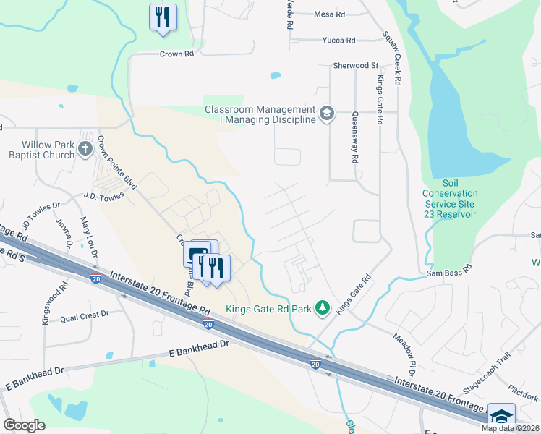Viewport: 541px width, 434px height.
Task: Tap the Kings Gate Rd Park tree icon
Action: [323, 309]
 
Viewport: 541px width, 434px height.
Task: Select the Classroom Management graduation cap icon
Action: [327, 114]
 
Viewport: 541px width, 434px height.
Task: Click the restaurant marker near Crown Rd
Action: [163, 17]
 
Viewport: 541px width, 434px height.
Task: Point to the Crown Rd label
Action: [177, 54]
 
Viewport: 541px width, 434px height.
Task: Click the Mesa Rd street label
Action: [329, 14]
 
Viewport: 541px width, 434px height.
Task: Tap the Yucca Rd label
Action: [339, 41]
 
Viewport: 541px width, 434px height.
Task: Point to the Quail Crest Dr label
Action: [84, 315]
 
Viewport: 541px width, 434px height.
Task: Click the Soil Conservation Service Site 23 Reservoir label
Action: [450, 199]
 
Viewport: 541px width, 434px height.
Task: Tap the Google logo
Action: [24, 425]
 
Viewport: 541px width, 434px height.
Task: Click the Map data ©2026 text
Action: [509, 428]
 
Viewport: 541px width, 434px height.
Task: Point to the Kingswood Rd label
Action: [45, 308]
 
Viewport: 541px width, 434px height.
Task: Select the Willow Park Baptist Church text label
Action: [42, 150]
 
